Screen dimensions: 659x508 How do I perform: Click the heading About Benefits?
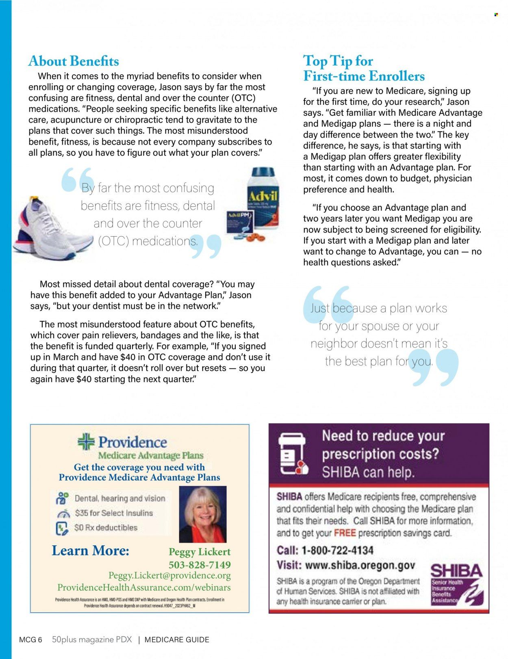(74, 61)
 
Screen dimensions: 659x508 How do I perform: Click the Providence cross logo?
(86, 441)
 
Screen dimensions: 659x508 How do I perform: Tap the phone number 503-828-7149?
(200, 565)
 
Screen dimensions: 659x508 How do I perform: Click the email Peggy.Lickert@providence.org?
(169, 576)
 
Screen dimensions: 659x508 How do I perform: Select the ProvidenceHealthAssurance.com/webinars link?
(144, 588)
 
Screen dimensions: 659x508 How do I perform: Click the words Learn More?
(90, 551)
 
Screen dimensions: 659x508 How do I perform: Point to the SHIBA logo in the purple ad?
(456, 583)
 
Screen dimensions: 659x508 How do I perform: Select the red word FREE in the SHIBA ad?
(345, 533)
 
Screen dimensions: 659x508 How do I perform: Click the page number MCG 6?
(30, 640)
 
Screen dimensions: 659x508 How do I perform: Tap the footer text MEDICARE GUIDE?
(177, 640)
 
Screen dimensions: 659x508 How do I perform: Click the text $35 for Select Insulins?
(114, 513)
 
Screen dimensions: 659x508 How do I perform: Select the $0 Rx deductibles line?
(106, 528)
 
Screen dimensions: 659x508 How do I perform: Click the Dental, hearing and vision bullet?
(120, 498)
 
